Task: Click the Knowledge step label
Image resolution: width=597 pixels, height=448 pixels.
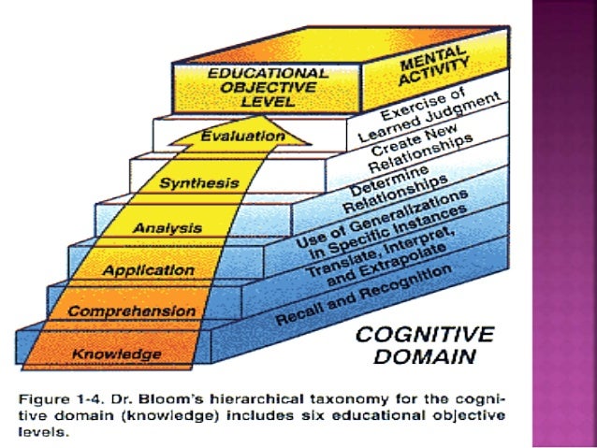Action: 117,354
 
